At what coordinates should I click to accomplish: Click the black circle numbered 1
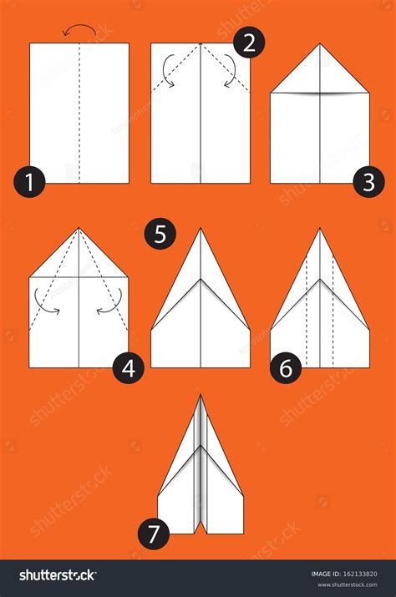[30, 181]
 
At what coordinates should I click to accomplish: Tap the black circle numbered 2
[248, 42]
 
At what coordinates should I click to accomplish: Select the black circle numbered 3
[368, 182]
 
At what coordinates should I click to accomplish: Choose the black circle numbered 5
[160, 233]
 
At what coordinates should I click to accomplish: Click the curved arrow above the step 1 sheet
[79, 30]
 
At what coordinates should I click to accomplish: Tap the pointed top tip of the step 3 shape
[320, 45]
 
